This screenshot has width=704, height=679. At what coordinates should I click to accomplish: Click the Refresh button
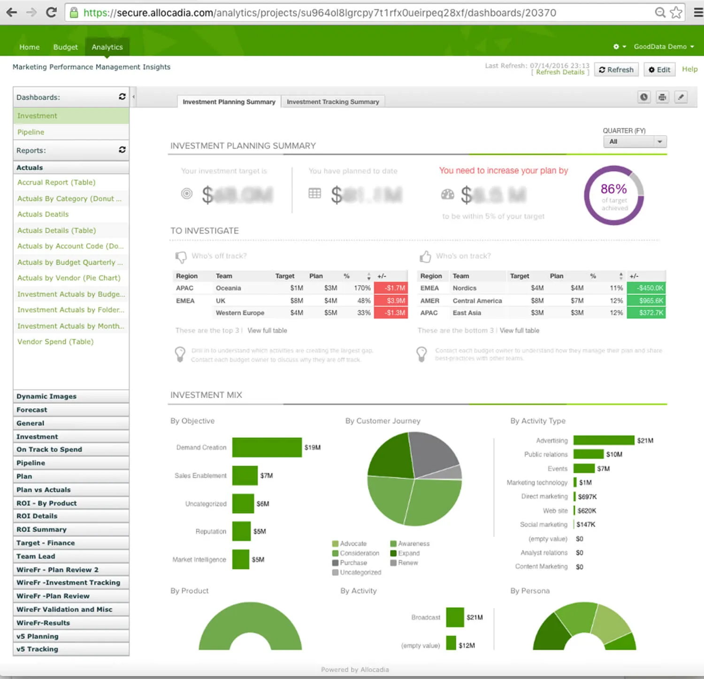pos(616,69)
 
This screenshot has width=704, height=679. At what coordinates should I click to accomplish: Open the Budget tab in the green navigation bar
pos(65,47)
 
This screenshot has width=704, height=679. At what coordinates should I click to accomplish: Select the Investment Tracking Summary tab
pos(333,102)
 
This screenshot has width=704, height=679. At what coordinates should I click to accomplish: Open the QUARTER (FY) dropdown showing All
pos(635,142)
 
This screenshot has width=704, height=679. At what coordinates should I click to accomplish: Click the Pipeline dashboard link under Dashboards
pos(31,132)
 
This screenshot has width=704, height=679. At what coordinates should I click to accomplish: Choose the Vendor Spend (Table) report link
pos(55,342)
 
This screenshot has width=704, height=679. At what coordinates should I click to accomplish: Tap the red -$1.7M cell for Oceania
pos(390,288)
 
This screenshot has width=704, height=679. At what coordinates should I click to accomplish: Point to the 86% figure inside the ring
pos(613,189)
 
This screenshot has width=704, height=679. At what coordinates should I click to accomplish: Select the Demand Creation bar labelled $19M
pos(267,447)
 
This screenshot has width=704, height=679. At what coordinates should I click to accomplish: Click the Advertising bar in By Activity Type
pos(604,440)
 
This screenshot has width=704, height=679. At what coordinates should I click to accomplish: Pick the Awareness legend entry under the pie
pos(413,543)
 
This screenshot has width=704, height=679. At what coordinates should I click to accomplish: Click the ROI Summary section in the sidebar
pos(41,529)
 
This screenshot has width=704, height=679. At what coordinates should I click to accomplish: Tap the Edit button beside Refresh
pos(659,69)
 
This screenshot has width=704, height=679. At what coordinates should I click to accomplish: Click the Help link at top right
pos(689,69)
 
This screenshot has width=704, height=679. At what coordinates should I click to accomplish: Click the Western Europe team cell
pos(240,313)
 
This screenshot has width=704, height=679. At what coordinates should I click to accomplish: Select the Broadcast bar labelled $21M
pos(455,617)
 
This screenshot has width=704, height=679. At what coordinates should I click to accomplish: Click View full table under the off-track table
pos(267,331)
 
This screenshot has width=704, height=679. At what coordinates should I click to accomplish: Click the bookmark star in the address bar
pos(676,12)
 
